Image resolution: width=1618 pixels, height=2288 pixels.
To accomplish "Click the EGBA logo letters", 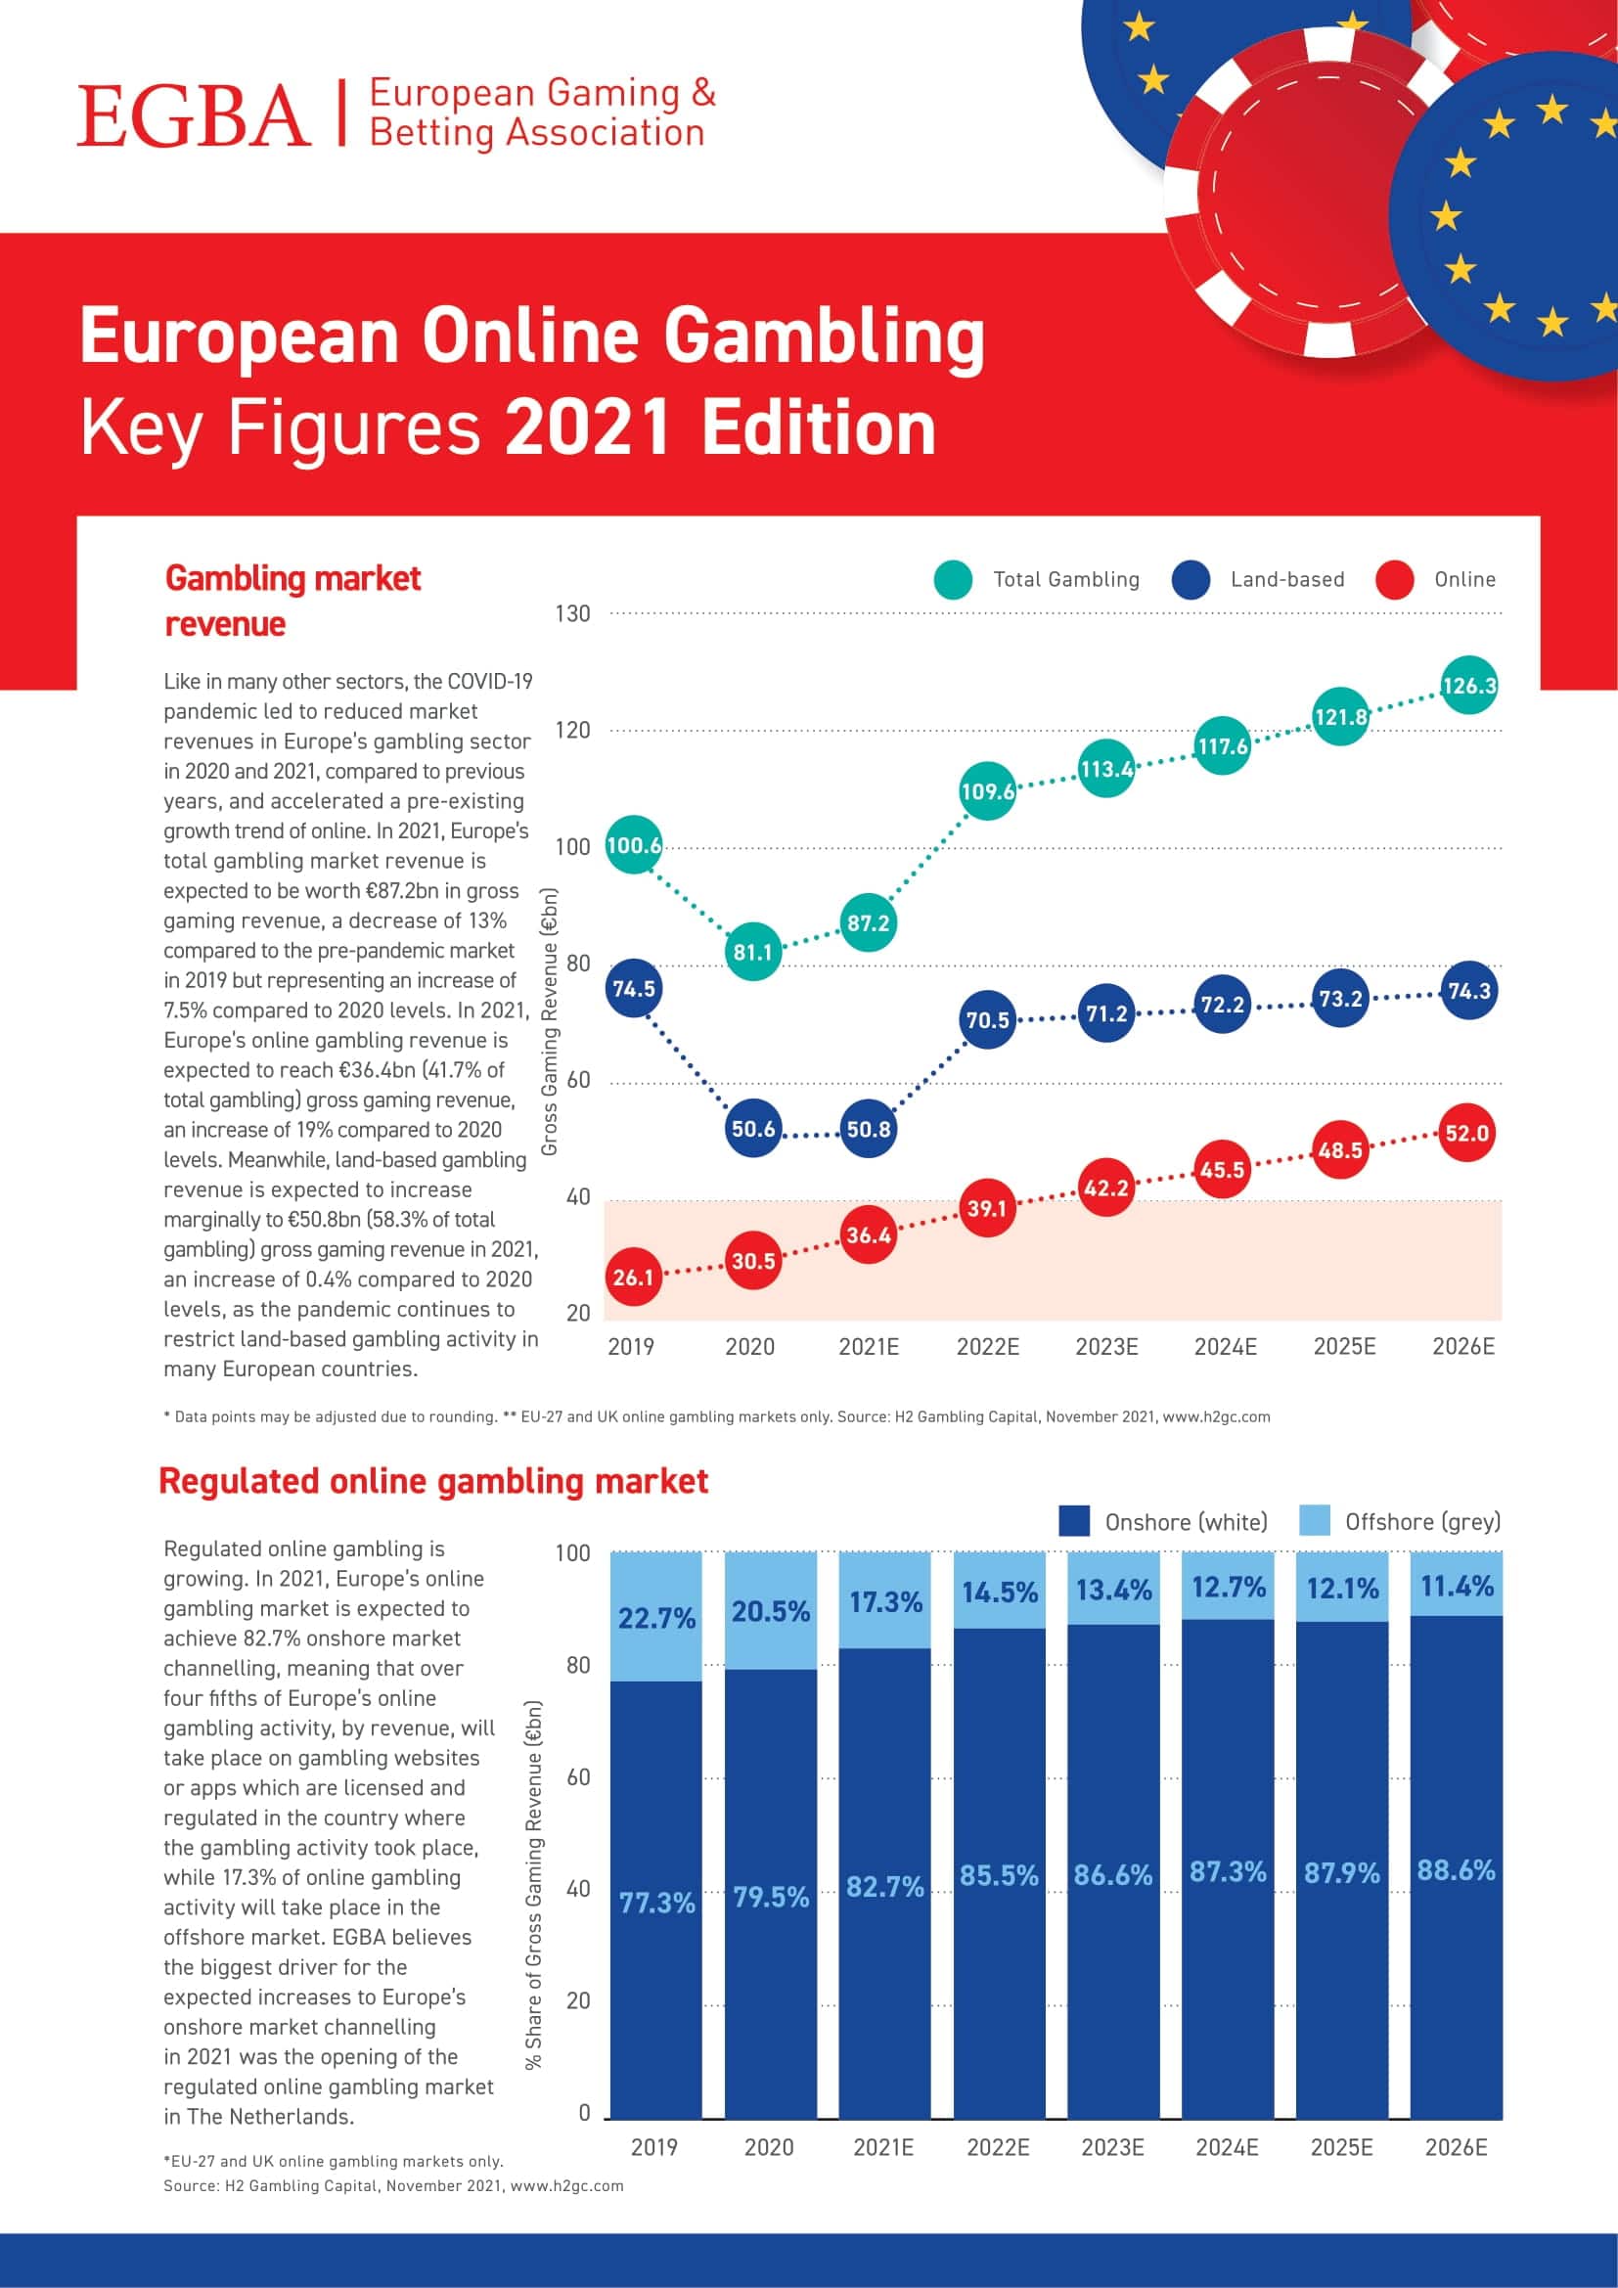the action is [195, 115].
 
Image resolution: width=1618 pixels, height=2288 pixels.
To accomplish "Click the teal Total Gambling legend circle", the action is [954, 580].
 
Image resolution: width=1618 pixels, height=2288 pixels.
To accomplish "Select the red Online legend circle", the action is [1394, 580].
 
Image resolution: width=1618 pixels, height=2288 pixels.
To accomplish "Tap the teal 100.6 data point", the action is [633, 845].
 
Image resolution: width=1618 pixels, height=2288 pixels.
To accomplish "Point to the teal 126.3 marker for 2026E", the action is [1468, 686].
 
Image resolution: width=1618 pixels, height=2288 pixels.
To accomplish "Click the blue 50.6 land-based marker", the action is [753, 1129].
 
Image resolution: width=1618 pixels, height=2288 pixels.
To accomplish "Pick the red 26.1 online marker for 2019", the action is [633, 1278].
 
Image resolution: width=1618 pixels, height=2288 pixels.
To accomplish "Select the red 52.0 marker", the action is [1467, 1133].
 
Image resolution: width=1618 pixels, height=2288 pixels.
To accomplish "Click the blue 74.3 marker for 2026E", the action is [1468, 991].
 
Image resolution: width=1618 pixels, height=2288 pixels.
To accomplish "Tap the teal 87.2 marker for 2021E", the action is [868, 922].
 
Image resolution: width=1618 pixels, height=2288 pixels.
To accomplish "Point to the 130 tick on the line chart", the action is [573, 614].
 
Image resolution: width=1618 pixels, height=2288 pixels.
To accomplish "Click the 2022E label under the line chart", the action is [987, 1347].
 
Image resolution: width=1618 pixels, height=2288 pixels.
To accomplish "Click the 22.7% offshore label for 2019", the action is [656, 1618].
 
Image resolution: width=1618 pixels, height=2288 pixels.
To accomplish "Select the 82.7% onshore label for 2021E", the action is [884, 1886].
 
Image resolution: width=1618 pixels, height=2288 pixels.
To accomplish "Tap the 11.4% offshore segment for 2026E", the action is [1457, 1585].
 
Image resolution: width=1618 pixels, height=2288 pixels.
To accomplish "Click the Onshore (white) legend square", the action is [1074, 1522].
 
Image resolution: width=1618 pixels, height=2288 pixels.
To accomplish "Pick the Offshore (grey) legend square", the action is [1315, 1522].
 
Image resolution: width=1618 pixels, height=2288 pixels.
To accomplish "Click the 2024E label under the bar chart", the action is [1227, 2147].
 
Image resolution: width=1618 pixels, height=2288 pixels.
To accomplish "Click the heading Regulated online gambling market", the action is [433, 1482].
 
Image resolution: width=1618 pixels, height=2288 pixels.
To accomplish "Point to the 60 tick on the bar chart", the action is [578, 1777].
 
